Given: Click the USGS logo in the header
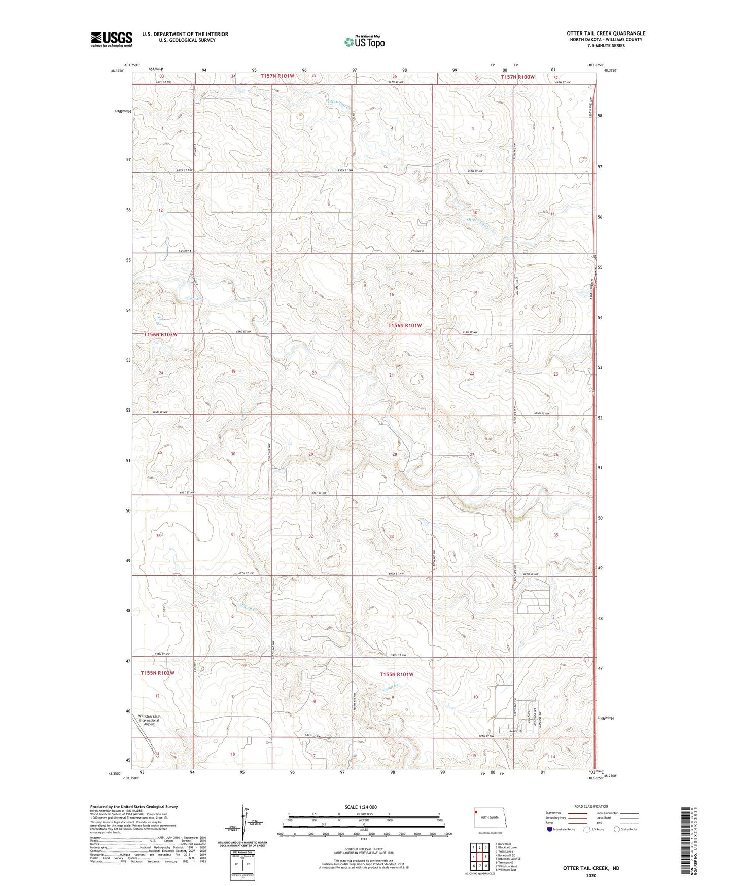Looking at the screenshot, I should click(x=111, y=39).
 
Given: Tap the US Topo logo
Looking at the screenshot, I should click(x=364, y=42).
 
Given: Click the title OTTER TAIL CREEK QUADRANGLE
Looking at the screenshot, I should click(x=606, y=33).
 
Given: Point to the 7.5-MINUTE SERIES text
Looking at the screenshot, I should click(x=606, y=46).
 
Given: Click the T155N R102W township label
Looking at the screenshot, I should click(x=157, y=673).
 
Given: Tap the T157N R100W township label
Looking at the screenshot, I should click(x=517, y=77).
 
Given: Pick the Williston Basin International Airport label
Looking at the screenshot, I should click(x=149, y=720).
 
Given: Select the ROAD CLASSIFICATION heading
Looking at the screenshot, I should click(x=591, y=806).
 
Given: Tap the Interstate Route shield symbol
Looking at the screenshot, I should click(x=550, y=830).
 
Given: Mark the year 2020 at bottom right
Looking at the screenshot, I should click(x=590, y=875).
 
